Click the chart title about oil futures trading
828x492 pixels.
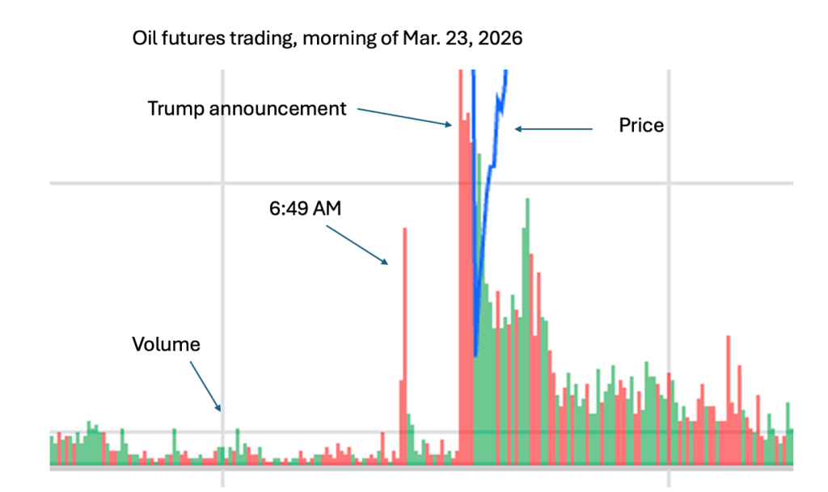328,39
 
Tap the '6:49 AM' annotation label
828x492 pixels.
305,208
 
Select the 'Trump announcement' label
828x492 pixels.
247,108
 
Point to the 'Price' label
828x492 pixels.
641,125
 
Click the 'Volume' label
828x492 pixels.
166,344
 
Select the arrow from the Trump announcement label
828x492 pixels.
404,116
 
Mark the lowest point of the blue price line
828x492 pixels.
475,354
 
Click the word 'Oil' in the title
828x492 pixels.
146,39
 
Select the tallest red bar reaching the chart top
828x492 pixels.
460,242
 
